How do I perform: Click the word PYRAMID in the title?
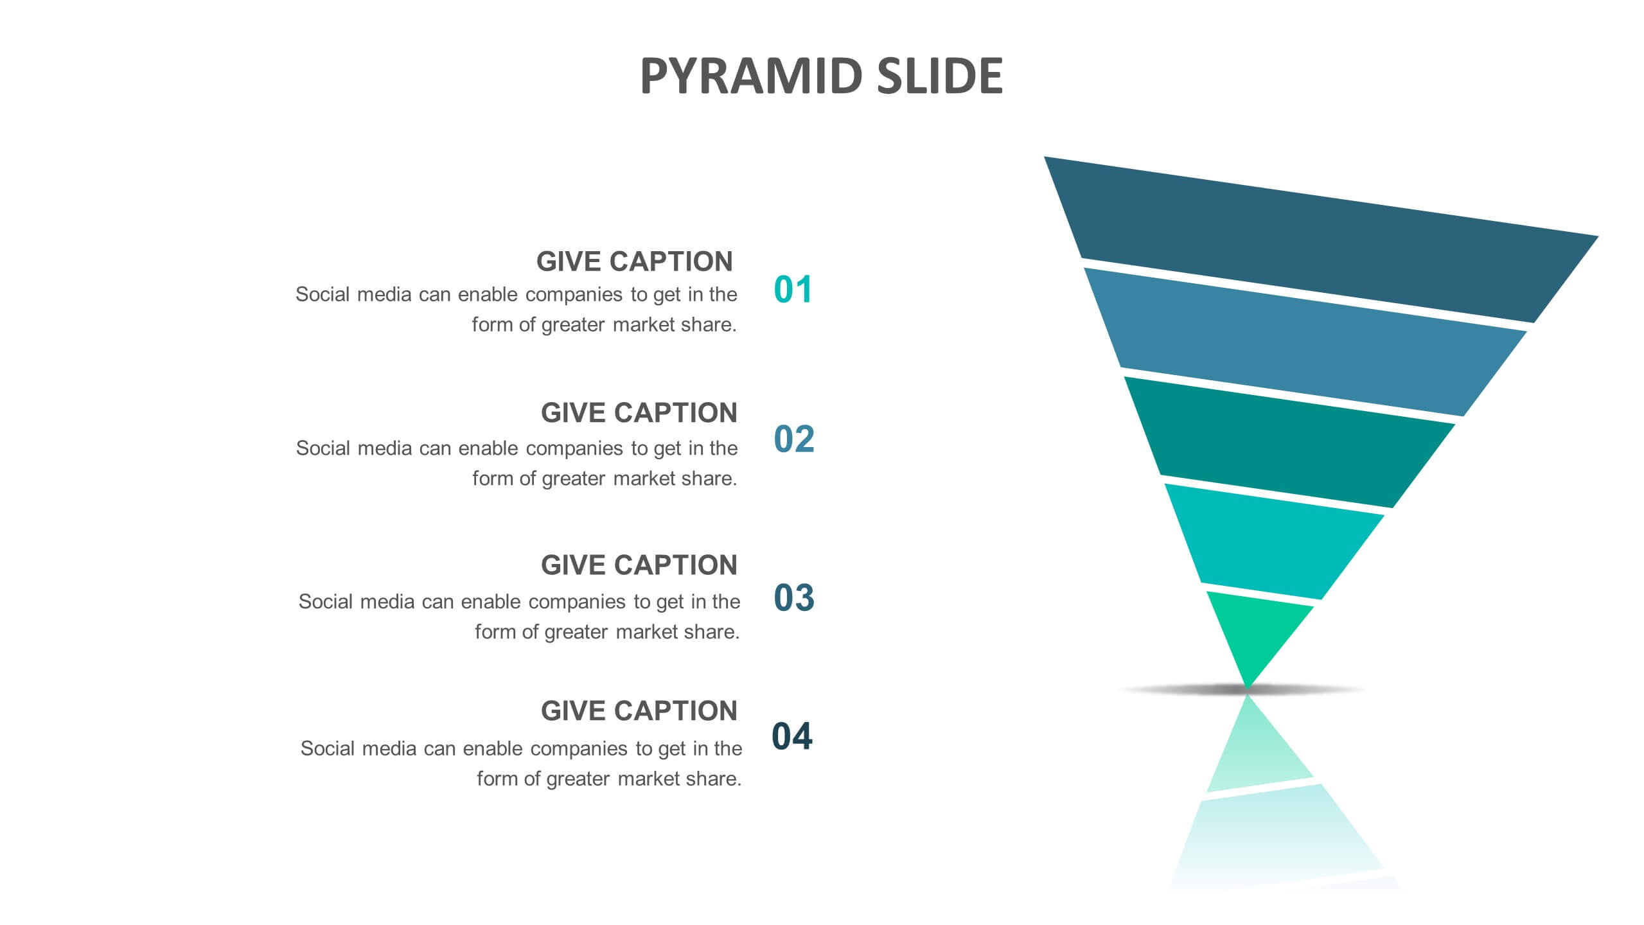pos(751,76)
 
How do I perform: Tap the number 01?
pos(793,289)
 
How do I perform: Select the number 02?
pos(794,439)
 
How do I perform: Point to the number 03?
pos(794,597)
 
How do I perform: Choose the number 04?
pos(792,736)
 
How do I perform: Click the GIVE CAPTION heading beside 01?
pos(635,261)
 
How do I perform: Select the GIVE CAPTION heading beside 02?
pos(639,412)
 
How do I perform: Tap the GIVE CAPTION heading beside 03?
pos(639,565)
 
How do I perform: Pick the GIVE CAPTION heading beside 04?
pos(639,711)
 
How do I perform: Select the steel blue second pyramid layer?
pos(1304,340)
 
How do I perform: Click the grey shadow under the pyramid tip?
pos(1243,690)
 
